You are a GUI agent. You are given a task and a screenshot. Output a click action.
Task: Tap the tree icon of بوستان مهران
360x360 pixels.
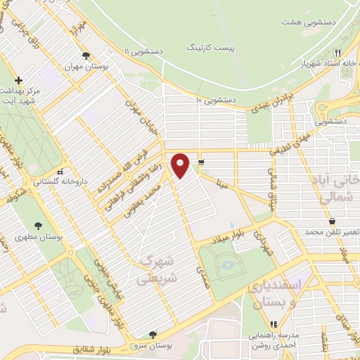tap(86, 56)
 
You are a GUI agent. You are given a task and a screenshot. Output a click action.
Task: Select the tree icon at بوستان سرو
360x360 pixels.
tap(153, 335)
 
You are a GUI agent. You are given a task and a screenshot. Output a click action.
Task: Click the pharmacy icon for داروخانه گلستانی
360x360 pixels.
tap(62, 171)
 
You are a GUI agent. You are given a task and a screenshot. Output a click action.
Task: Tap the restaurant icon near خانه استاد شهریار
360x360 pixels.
tap(338, 53)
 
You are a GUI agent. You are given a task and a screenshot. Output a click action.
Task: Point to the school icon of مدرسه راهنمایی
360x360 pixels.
tap(274, 324)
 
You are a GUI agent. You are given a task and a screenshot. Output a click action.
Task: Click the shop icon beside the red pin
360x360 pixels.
tap(202, 163)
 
